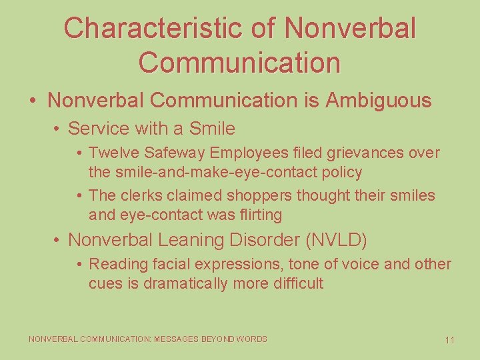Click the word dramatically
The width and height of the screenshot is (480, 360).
pos(178,283)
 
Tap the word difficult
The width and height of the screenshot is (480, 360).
pos(298,283)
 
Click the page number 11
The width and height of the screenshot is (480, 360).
pos(449,340)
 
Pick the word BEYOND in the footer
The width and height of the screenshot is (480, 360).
pos(217,339)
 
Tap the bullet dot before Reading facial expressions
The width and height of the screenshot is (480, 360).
pos(79,265)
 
